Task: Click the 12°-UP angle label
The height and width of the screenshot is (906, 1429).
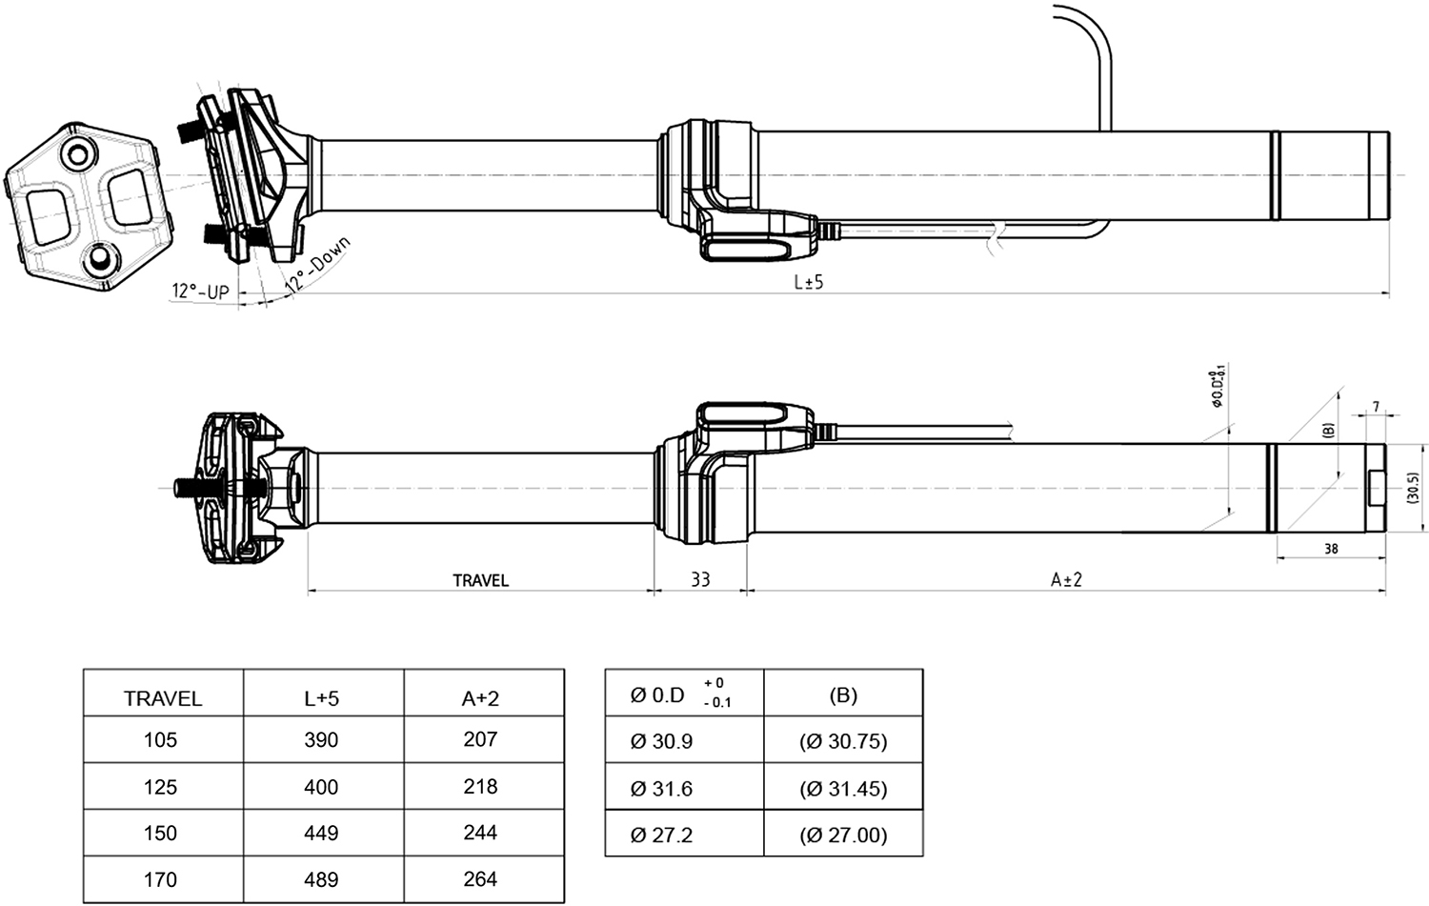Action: click(200, 292)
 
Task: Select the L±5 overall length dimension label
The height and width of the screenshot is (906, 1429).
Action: click(808, 282)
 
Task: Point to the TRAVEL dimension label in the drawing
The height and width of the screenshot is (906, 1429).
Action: click(480, 580)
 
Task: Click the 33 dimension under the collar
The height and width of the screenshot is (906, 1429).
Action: click(700, 579)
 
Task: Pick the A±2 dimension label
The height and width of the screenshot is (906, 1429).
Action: click(1066, 579)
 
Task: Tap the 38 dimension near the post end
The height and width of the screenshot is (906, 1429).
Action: click(1331, 549)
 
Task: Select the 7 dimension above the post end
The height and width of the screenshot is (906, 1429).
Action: click(1375, 407)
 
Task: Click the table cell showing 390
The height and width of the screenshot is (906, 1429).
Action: click(321, 740)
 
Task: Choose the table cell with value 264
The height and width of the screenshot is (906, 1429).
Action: click(480, 879)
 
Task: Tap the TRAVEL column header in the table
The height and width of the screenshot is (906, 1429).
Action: click(163, 698)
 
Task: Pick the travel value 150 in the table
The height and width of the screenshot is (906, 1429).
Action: click(160, 834)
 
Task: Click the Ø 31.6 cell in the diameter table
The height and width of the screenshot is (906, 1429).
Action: click(661, 789)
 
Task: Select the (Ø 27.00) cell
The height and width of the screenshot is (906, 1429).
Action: click(843, 836)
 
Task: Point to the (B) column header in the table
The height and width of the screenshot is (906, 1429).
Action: click(843, 695)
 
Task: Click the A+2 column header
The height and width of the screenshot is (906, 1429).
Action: click(480, 698)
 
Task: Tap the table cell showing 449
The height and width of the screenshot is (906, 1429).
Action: click(321, 834)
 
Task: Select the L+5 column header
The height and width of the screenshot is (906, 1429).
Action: click(321, 698)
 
